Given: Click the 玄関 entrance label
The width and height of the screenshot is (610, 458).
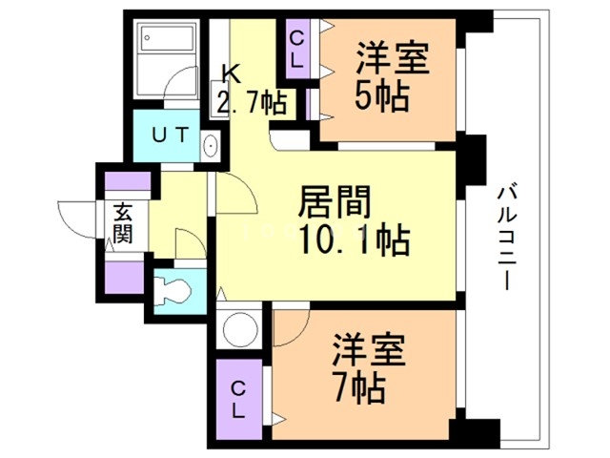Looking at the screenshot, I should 123,223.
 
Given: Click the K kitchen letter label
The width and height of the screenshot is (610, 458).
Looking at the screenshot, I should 232,74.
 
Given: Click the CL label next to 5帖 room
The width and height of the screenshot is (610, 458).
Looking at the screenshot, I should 296,50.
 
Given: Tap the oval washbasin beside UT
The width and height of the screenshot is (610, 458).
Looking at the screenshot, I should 211,146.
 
